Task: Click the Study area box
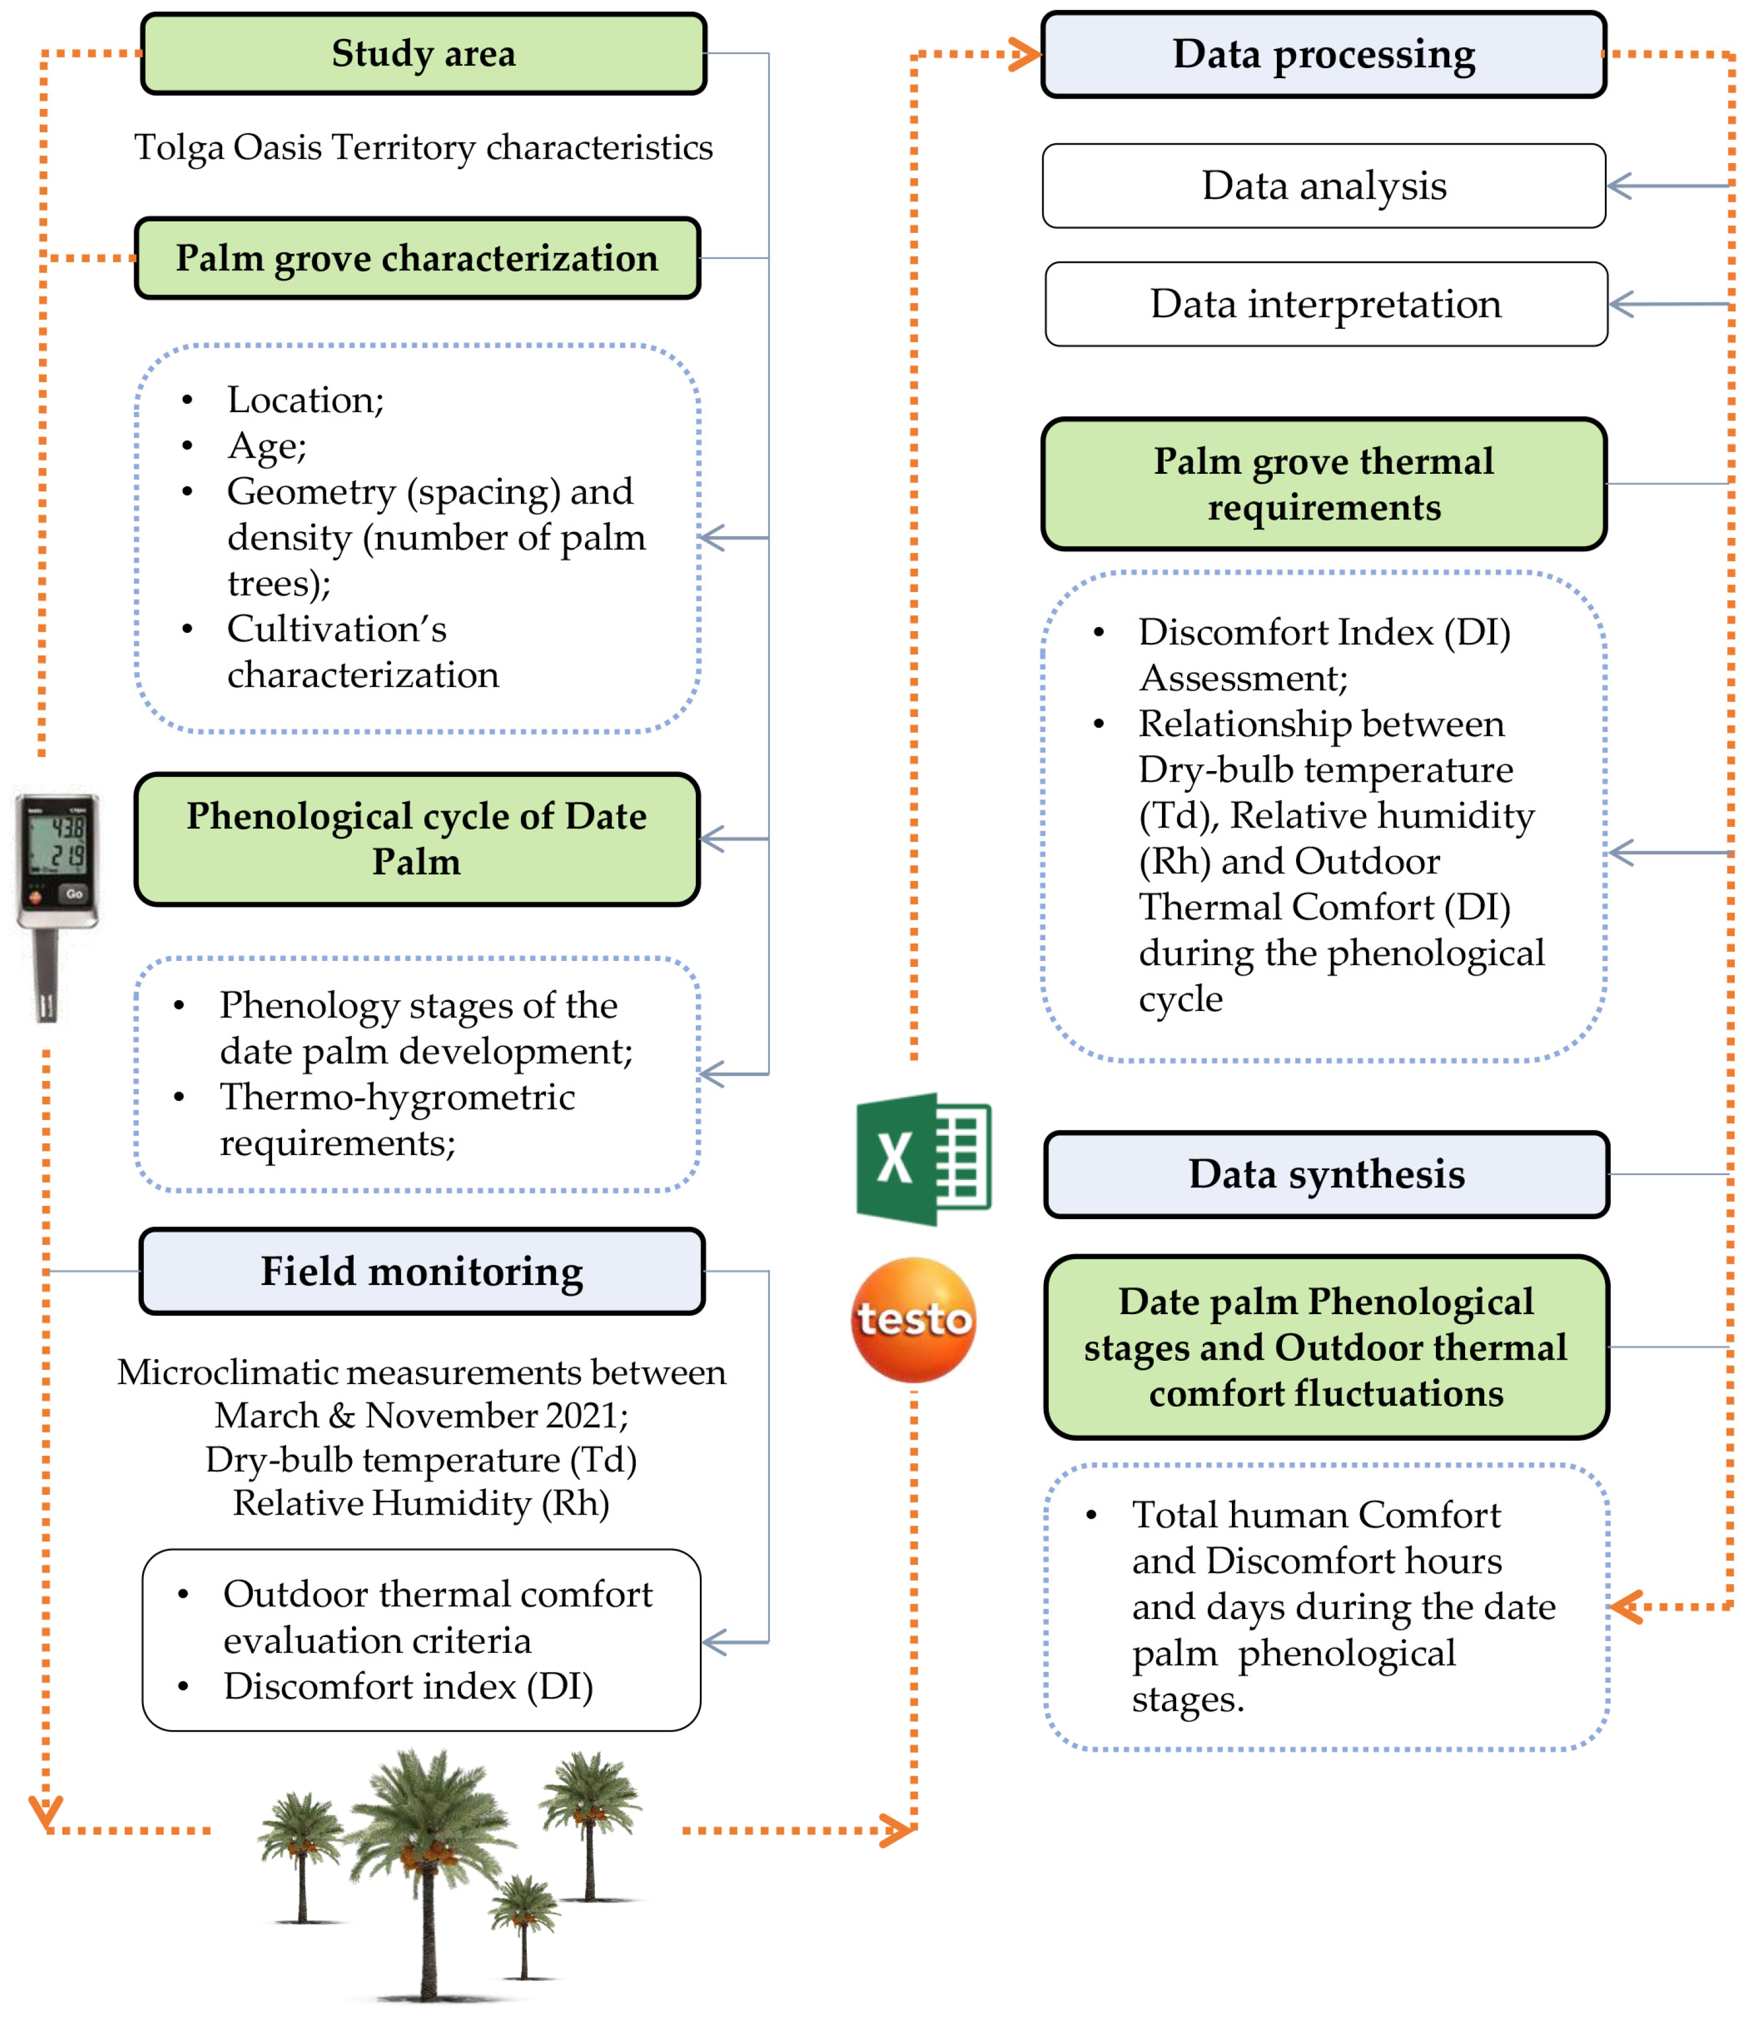(x=423, y=54)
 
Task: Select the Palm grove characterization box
(x=417, y=258)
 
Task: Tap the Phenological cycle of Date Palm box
(x=417, y=839)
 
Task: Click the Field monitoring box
(x=422, y=1271)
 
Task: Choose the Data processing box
(x=1323, y=55)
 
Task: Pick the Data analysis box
(x=1323, y=185)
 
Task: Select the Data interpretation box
(x=1325, y=304)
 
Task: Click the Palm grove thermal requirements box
(x=1323, y=484)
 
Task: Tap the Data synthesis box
(x=1326, y=1174)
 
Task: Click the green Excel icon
(x=923, y=1159)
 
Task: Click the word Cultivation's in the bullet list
(x=337, y=629)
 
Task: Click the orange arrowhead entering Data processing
(x=1027, y=55)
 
